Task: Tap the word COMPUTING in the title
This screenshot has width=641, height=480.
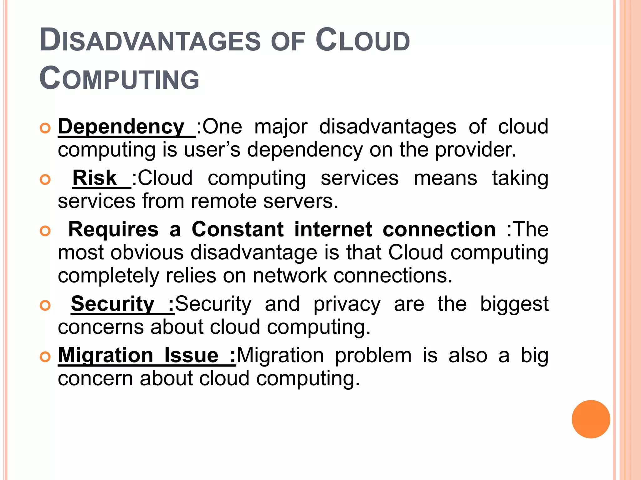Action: pos(119,79)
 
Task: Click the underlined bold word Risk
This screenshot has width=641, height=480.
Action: pos(95,178)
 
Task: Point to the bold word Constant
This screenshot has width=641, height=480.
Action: pos(238,229)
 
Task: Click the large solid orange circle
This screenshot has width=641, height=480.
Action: pos(591,419)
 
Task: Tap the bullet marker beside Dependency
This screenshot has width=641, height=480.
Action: pos(45,128)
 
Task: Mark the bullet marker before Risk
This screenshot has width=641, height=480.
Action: pos(45,179)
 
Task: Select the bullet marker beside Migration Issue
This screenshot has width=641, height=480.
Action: pos(45,357)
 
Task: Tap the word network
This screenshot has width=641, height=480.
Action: pos(290,276)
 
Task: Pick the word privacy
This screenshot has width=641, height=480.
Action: pos(347,304)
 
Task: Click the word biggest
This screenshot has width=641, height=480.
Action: pos(514,304)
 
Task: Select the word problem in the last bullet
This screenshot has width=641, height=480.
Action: pos(373,356)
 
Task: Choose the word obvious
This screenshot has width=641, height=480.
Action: pos(147,252)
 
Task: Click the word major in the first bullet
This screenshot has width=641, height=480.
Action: pos(281,127)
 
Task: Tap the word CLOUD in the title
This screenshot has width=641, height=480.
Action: pos(363,41)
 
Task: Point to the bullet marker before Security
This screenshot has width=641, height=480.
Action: pos(45,305)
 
